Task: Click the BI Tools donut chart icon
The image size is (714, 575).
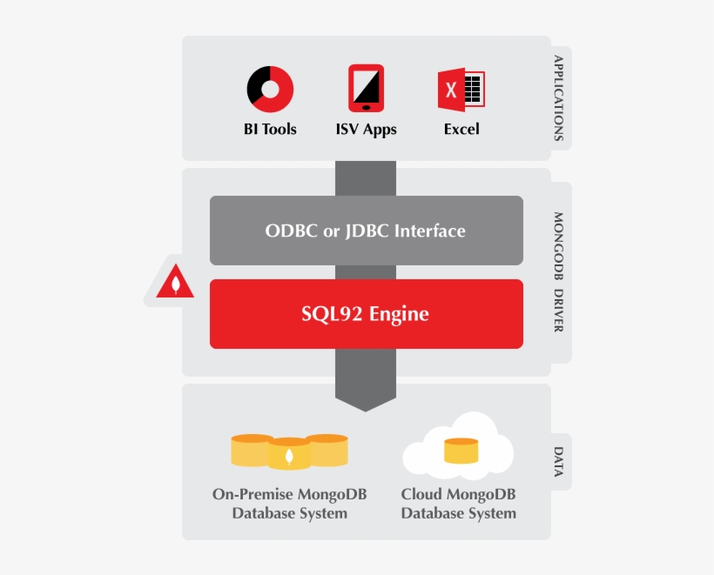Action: coord(270,89)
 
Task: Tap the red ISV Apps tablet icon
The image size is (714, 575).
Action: coord(366,88)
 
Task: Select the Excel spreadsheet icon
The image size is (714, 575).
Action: coord(461,90)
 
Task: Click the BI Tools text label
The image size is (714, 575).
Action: coord(270,130)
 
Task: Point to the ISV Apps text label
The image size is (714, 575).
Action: coord(366,130)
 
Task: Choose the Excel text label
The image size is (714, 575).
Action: coord(461,130)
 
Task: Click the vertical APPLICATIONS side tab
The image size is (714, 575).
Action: coord(559,98)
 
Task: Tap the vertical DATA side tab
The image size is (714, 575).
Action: coord(559,462)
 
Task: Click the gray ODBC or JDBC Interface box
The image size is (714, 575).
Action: coord(366,231)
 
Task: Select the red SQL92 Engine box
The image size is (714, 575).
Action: coord(366,314)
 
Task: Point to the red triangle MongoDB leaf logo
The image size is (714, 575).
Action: coord(175,283)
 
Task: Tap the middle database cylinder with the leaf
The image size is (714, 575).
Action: coord(289,453)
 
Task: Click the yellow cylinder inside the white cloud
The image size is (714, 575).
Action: coord(461,451)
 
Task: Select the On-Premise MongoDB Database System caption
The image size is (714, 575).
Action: coord(289,504)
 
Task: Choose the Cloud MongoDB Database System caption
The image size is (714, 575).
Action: coord(458,504)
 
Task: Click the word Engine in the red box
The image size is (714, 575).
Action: coord(399,314)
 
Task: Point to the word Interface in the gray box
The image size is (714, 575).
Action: coord(429,231)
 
